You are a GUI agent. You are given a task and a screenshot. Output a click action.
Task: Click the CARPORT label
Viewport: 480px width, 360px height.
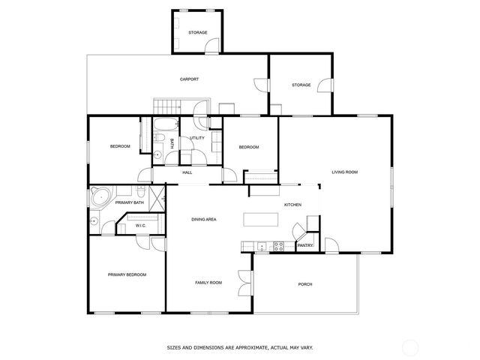pyautogui.click(x=189, y=79)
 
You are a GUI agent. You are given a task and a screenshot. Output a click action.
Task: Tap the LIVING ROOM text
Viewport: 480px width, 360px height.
pyautogui.click(x=344, y=172)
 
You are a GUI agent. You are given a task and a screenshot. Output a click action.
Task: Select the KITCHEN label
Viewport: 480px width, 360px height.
pyautogui.click(x=292, y=205)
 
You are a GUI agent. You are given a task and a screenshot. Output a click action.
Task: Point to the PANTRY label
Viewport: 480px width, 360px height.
pyautogui.click(x=305, y=245)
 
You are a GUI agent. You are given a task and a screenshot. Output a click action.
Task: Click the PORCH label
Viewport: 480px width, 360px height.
pyautogui.click(x=305, y=284)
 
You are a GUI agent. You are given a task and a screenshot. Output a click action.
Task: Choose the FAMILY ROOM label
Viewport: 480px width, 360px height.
pyautogui.click(x=208, y=283)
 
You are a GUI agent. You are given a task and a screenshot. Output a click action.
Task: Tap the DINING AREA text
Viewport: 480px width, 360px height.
pyautogui.click(x=204, y=219)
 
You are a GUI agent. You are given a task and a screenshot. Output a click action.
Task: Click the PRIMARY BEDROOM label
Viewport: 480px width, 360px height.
pyautogui.click(x=127, y=275)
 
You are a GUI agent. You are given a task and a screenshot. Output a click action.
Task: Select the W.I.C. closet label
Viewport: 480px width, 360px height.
pyautogui.click(x=140, y=226)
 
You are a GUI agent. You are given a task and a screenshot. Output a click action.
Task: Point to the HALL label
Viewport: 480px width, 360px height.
pyautogui.click(x=187, y=172)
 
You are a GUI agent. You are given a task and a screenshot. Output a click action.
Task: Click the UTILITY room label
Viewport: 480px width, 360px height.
pyautogui.click(x=197, y=138)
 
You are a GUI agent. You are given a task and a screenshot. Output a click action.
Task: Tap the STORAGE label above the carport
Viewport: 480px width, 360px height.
pyautogui.click(x=198, y=33)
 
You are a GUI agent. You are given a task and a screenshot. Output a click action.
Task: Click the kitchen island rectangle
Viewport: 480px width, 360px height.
pyautogui.click(x=259, y=219)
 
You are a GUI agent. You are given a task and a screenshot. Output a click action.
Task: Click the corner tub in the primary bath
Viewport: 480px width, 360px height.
pyautogui.click(x=100, y=198)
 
